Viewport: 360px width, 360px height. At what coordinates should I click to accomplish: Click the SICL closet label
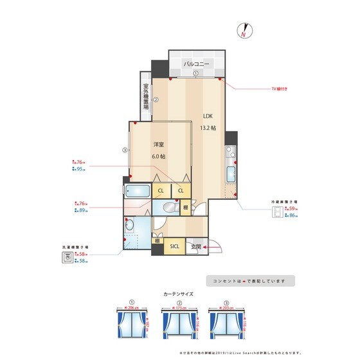(174, 246)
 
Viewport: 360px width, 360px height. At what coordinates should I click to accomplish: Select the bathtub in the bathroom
(137, 191)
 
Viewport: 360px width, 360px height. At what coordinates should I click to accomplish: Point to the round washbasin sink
(129, 226)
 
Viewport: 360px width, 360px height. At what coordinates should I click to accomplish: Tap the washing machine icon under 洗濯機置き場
(66, 257)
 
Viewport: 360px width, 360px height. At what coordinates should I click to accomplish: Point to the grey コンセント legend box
(250, 281)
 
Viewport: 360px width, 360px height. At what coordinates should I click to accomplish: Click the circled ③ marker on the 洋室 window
(123, 151)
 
